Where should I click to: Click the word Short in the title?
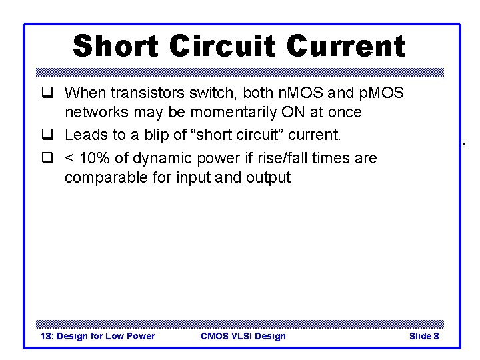coord(115,47)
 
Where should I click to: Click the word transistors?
coord(141,92)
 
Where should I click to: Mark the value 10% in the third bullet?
coord(97,159)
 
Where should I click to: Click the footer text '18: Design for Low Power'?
coord(98,336)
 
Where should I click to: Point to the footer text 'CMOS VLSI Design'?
coord(243,336)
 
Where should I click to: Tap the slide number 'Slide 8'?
coord(424,336)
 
